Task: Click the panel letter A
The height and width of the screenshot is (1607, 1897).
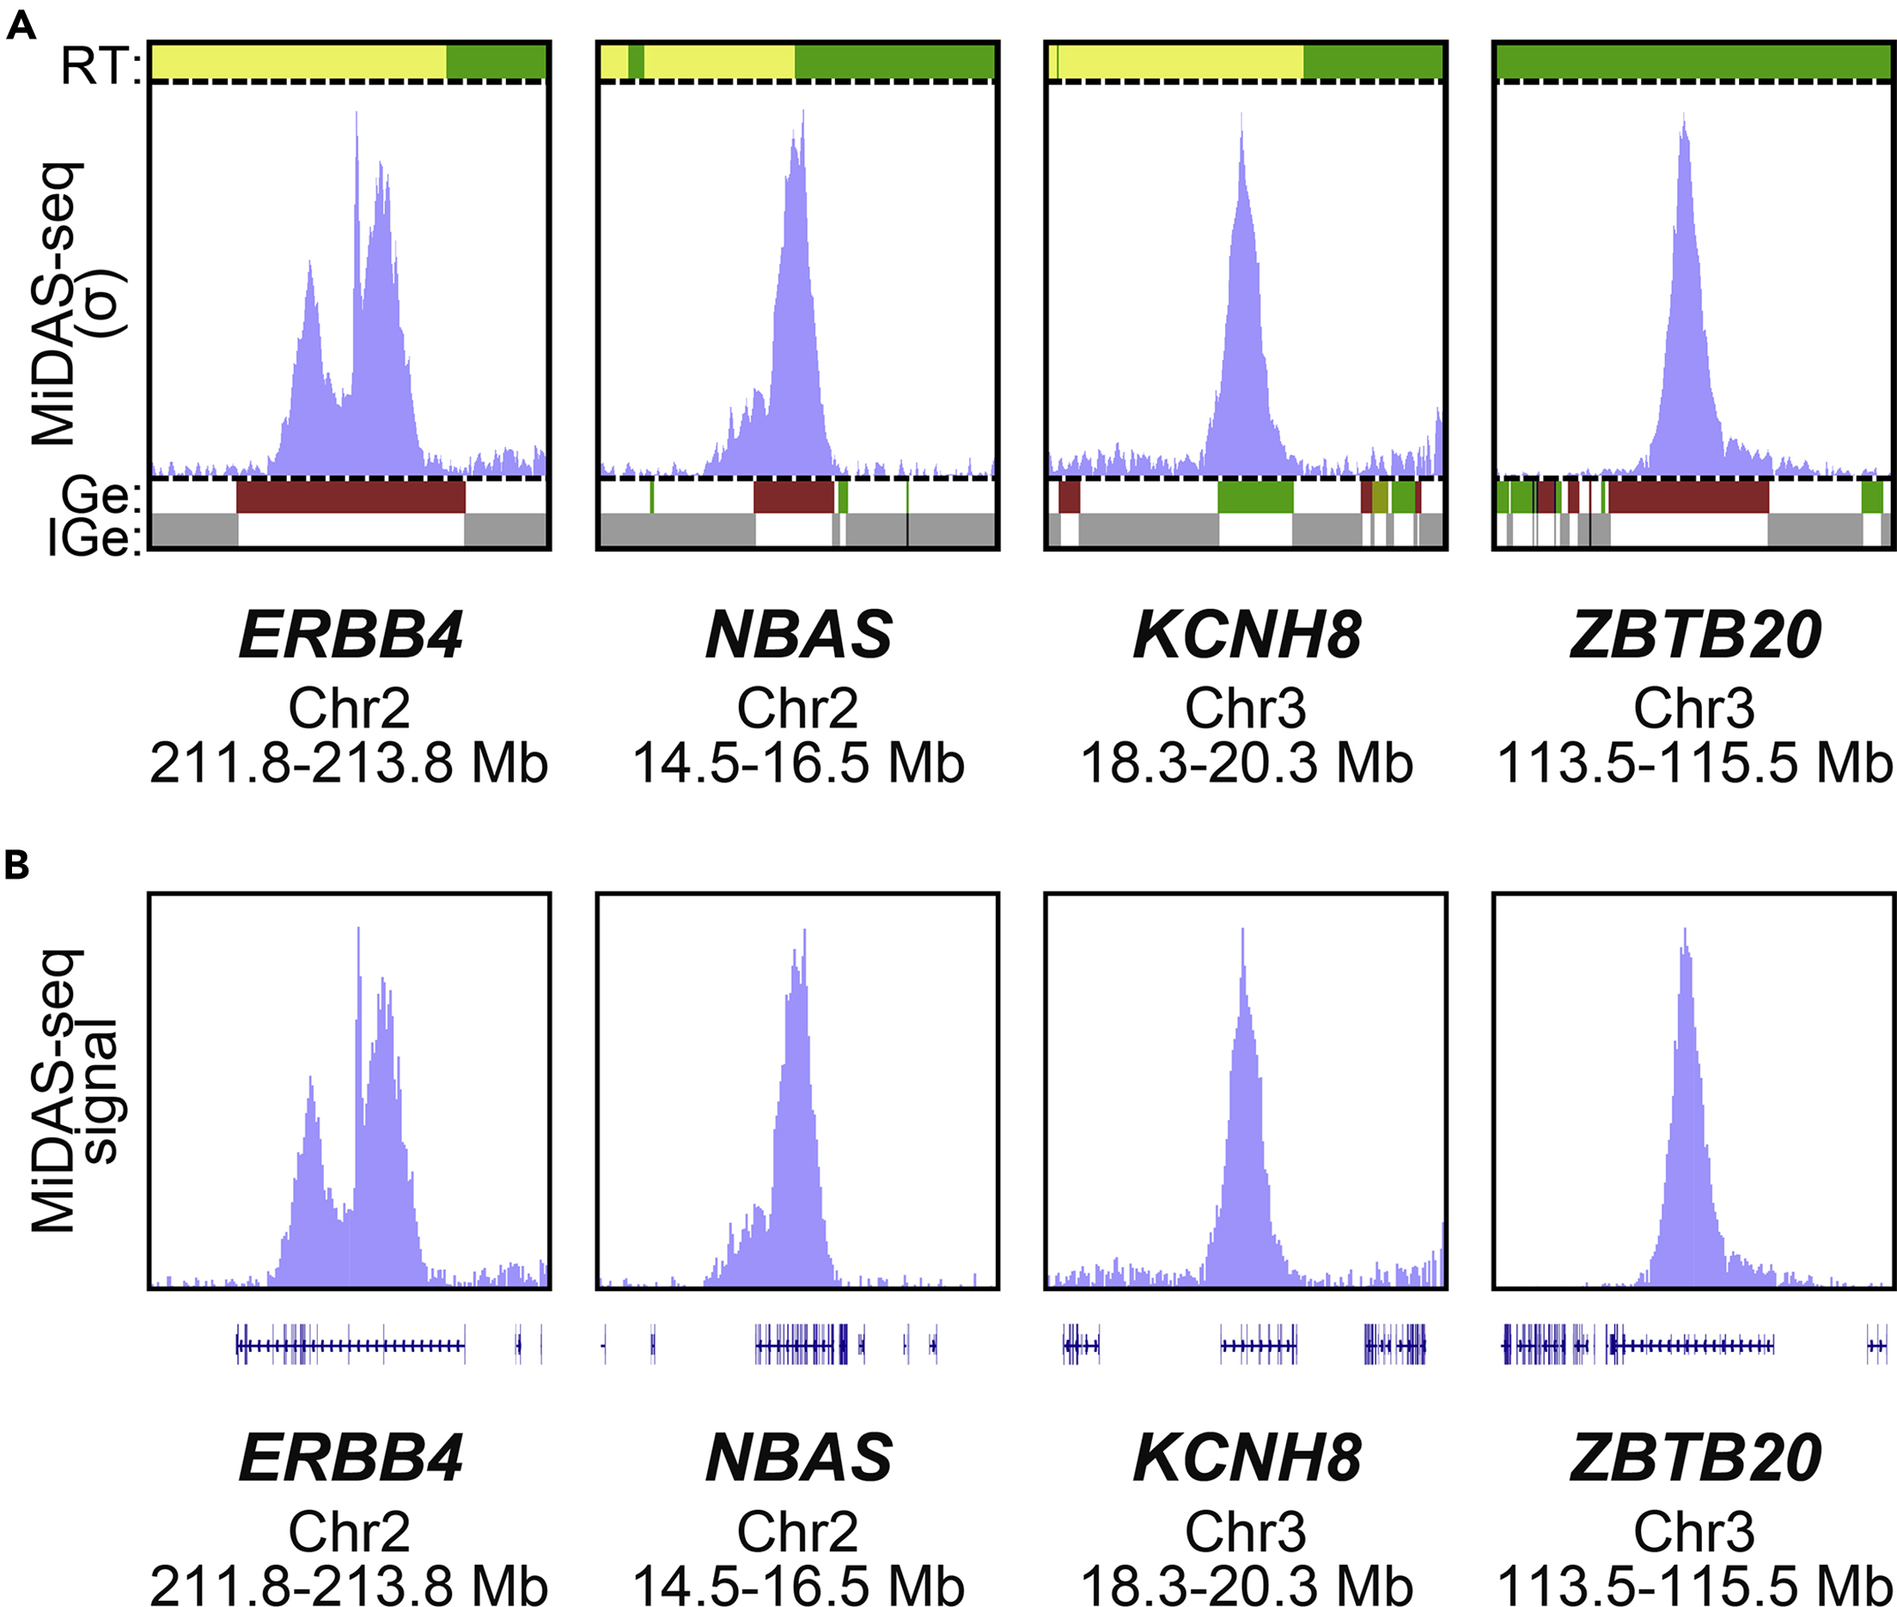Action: click(x=20, y=26)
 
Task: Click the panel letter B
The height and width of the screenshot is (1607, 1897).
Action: click(x=16, y=864)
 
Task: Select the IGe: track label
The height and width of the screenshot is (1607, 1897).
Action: click(x=95, y=539)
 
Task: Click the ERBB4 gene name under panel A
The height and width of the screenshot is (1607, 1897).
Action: click(x=350, y=635)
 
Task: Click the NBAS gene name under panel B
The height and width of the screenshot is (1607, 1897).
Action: click(x=798, y=1458)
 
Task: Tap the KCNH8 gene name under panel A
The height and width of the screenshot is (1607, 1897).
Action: click(x=1247, y=635)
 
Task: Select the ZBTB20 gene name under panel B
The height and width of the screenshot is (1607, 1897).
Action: click(x=1695, y=1458)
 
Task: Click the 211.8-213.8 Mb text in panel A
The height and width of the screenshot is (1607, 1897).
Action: click(x=348, y=764)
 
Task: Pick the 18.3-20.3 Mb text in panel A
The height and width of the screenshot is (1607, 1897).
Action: click(x=1246, y=764)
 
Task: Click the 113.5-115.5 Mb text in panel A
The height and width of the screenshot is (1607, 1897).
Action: click(x=1695, y=764)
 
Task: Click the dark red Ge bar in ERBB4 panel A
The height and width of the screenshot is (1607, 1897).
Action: click(x=351, y=497)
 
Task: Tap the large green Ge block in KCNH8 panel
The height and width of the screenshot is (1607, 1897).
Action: click(x=1255, y=497)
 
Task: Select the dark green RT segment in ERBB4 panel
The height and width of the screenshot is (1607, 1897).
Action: click(x=496, y=62)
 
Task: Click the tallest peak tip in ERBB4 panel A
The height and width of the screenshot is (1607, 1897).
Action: click(x=357, y=115)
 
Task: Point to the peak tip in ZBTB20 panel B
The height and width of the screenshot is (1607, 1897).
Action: click(x=1686, y=931)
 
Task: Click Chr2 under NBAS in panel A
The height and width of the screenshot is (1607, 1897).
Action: click(x=797, y=709)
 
